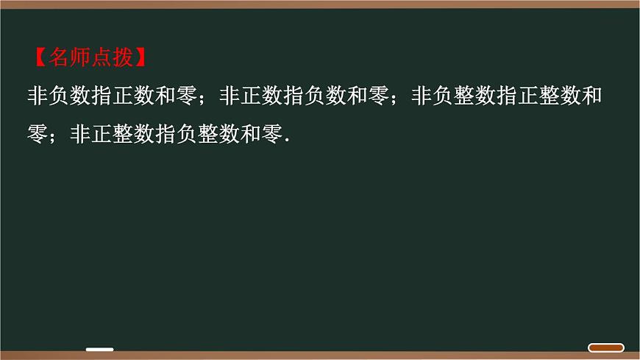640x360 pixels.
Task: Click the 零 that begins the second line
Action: (x=38, y=135)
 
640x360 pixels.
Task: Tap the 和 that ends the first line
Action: (x=593, y=96)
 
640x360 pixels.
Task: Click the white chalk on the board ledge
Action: (x=99, y=350)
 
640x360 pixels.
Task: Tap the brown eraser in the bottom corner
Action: (x=605, y=347)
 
